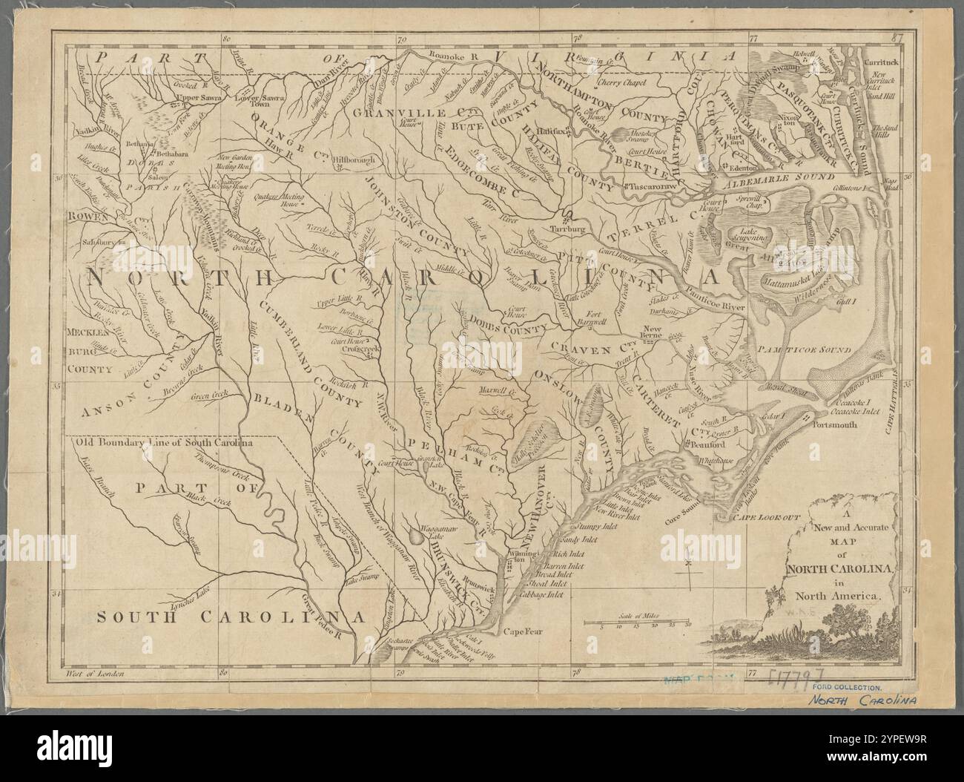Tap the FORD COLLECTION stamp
coord(840,689)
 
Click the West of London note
coord(93,674)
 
